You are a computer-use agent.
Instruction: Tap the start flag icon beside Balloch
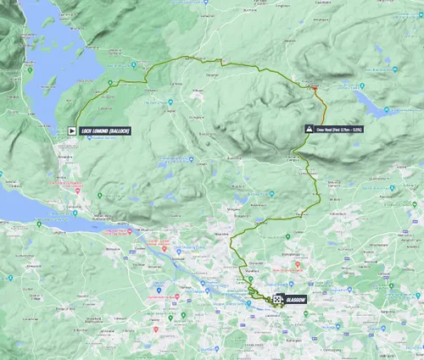point(72,131)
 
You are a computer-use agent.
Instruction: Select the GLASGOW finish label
point(295,299)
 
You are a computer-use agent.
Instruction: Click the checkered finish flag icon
point(279,299)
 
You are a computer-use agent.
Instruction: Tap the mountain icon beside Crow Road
point(309,129)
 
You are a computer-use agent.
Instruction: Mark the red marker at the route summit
point(315,86)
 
